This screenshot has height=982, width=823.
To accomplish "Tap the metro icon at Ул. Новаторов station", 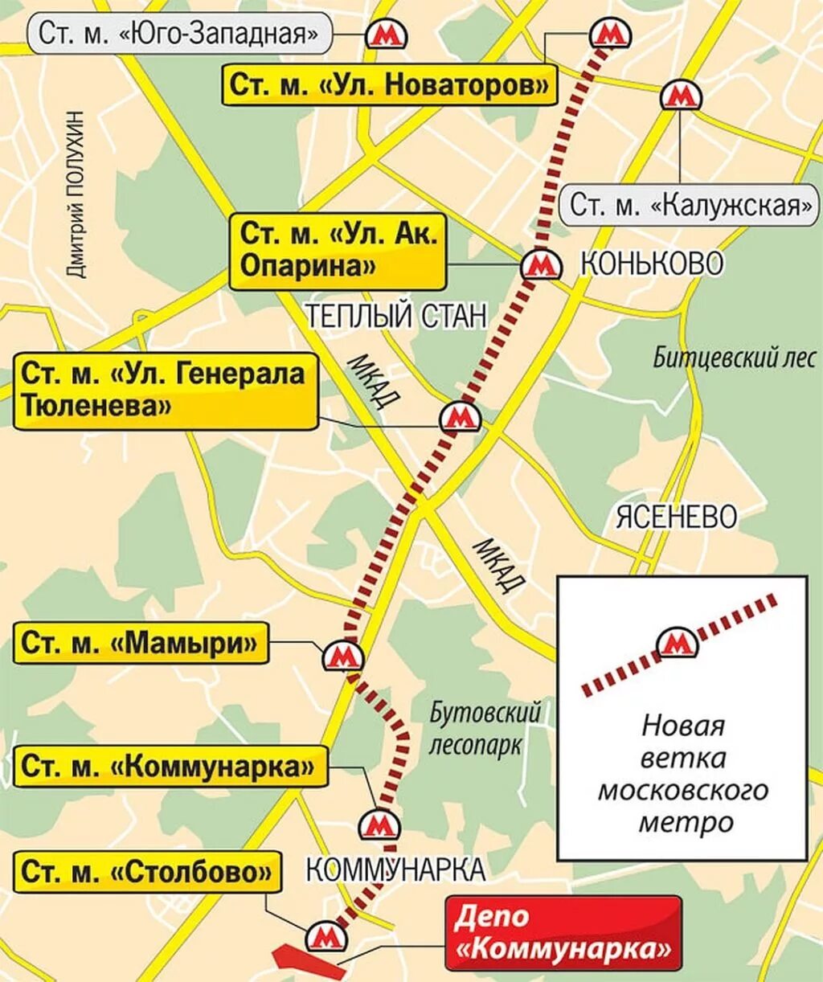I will click(610, 35).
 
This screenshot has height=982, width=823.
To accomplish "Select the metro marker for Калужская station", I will click(681, 96).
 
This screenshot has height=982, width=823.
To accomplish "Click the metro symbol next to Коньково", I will click(540, 264).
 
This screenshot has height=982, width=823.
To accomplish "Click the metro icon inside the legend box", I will click(678, 644).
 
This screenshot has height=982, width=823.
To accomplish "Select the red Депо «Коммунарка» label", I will click(563, 933).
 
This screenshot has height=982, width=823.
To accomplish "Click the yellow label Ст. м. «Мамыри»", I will click(141, 643).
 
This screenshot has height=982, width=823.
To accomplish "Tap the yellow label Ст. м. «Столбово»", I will click(147, 872).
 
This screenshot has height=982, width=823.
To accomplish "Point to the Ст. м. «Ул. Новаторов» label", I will click(389, 84).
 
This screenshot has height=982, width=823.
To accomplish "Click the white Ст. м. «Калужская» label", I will click(690, 206).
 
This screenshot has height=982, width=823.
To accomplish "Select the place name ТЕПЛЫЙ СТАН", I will click(396, 317).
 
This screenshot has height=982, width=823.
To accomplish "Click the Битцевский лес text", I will click(734, 356).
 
